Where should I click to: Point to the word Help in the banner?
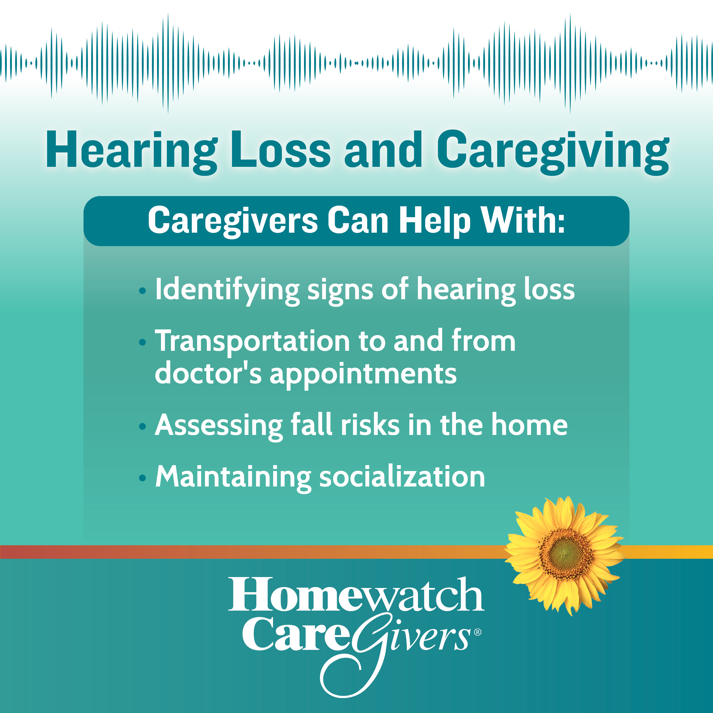435,221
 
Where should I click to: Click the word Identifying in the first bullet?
227,291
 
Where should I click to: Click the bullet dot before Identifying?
142,292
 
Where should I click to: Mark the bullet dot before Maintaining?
142,478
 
